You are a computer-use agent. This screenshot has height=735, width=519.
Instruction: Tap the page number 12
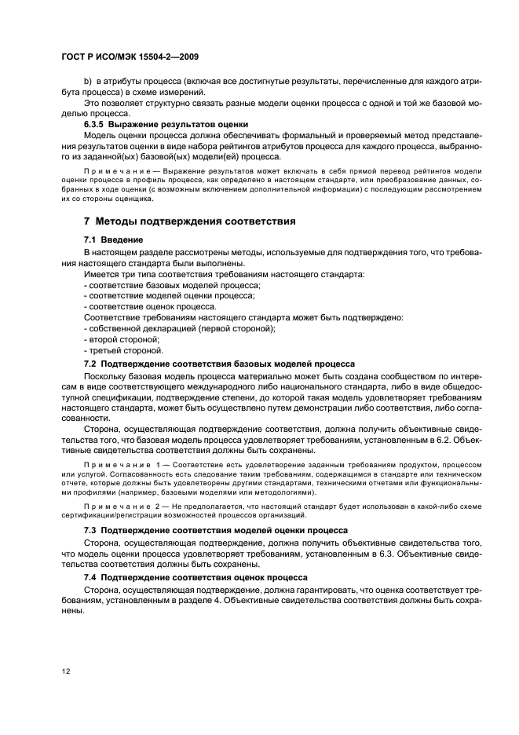[x=66, y=670]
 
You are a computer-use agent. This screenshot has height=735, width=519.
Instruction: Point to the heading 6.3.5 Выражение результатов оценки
[x=166, y=124]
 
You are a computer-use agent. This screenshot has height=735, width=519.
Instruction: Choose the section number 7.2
[x=91, y=364]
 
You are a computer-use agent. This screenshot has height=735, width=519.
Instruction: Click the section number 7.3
[x=91, y=531]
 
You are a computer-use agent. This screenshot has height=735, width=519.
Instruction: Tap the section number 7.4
[x=91, y=577]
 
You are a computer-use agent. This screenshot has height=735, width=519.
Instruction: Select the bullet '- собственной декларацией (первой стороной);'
[x=180, y=328]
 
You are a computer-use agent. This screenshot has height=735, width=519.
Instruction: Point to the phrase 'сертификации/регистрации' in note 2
[x=106, y=515]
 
